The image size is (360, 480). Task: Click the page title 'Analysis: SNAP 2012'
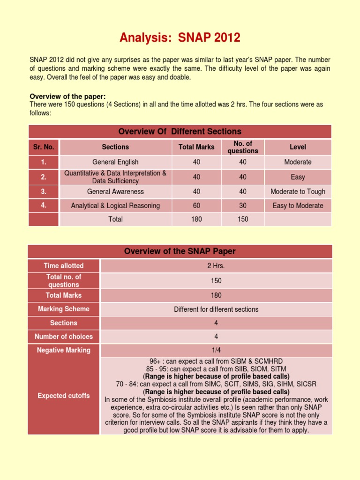pos(180,37)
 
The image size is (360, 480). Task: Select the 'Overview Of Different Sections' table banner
pos(180,131)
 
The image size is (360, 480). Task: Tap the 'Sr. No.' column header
pos(44,147)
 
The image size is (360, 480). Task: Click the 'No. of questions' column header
pos(242,147)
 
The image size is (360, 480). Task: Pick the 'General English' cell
pos(115,162)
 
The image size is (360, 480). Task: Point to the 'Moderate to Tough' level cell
pos(298,191)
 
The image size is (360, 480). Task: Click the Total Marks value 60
pos(196,205)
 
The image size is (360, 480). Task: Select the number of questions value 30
pos(242,205)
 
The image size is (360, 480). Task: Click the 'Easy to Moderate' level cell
pos(298,205)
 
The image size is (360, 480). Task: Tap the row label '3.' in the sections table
pos(44,191)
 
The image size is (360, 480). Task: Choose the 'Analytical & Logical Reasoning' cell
pos(115,205)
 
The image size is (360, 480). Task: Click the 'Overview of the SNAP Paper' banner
pos(180,251)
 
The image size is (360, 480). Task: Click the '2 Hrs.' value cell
pos(216,266)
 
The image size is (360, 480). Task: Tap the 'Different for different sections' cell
pos(216,309)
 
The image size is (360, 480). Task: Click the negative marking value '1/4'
pos(216,350)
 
